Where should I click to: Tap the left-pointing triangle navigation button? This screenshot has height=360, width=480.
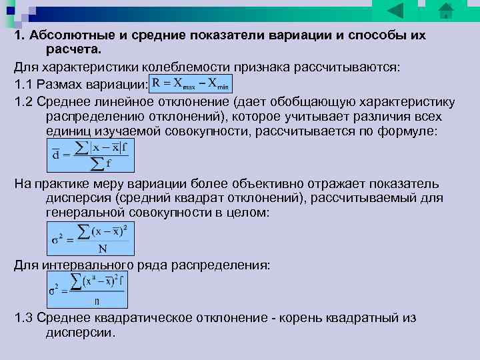pyautogui.click(x=395, y=11)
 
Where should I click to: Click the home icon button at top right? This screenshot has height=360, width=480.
pyautogui.click(x=445, y=11)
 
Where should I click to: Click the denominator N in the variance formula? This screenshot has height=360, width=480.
pyautogui.click(x=103, y=249)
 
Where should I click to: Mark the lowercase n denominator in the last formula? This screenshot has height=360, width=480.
pyautogui.click(x=97, y=301)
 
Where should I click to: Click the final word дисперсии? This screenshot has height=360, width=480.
pyautogui.click(x=80, y=332)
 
